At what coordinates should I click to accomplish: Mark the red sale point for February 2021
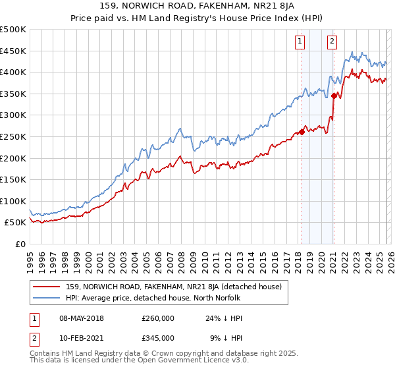click(x=334, y=96)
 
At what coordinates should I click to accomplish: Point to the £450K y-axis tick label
click(x=14, y=51)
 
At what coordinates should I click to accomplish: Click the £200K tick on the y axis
click(x=14, y=158)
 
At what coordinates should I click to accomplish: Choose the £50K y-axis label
click(x=16, y=223)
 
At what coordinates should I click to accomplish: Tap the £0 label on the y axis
click(x=20, y=244)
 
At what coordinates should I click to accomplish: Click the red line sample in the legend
click(x=45, y=287)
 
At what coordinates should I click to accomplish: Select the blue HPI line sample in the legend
click(x=45, y=298)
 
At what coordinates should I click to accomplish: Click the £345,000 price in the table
click(x=157, y=337)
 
